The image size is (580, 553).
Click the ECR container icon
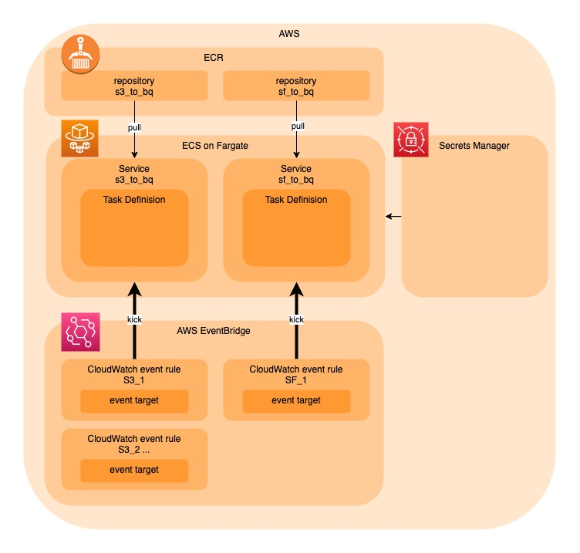(x=80, y=54)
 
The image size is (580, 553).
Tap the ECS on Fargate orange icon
(x=79, y=138)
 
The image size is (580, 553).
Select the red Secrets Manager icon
(x=411, y=140)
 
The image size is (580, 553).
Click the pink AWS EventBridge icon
(x=80, y=332)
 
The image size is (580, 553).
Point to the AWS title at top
(x=289, y=34)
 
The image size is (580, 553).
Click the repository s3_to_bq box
(x=134, y=86)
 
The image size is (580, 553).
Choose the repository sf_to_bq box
(x=296, y=86)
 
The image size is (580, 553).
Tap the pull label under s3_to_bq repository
(x=134, y=127)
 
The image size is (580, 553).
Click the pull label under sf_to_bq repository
(x=298, y=126)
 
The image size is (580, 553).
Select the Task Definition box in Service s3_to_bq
(x=135, y=228)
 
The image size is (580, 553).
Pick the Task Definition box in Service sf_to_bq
(x=296, y=228)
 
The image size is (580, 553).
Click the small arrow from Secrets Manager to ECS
(x=393, y=217)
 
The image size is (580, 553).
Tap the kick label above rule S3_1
(x=134, y=319)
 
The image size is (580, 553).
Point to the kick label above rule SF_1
(x=296, y=319)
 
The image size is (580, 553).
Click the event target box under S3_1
(x=135, y=401)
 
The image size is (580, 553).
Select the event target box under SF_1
(x=296, y=401)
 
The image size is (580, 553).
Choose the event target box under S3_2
(x=135, y=470)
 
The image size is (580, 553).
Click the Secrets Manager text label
(x=474, y=146)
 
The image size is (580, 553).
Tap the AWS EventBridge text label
(x=214, y=331)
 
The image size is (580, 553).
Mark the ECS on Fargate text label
(x=215, y=146)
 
